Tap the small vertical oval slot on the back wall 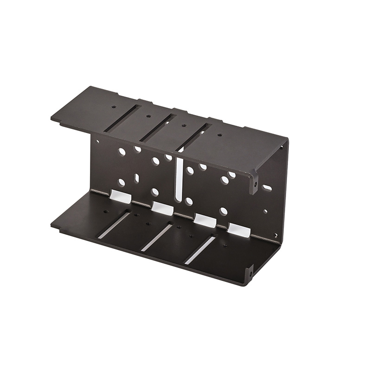[136, 178]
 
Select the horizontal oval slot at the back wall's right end [267, 188]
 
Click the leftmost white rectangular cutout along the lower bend [120, 197]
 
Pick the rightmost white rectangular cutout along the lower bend [239, 230]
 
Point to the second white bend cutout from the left [162, 208]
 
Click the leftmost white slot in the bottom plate [114, 225]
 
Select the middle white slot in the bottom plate [156, 238]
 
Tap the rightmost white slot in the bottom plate [200, 250]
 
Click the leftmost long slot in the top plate [122, 119]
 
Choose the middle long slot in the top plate [158, 128]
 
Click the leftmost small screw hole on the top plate [114, 107]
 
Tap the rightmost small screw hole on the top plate [219, 135]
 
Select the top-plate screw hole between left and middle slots [148, 116]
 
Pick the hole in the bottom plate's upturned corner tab [250, 274]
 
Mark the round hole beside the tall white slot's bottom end [189, 201]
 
